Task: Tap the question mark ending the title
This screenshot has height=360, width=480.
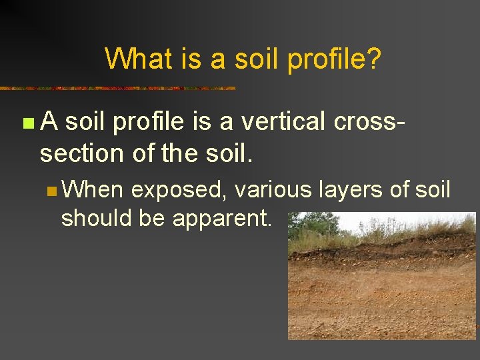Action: tap(375, 59)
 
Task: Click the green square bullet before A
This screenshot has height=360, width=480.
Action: tap(27, 123)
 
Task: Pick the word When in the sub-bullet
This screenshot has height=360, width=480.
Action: tap(94, 191)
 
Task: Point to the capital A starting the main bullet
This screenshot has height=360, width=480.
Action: tap(49, 122)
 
